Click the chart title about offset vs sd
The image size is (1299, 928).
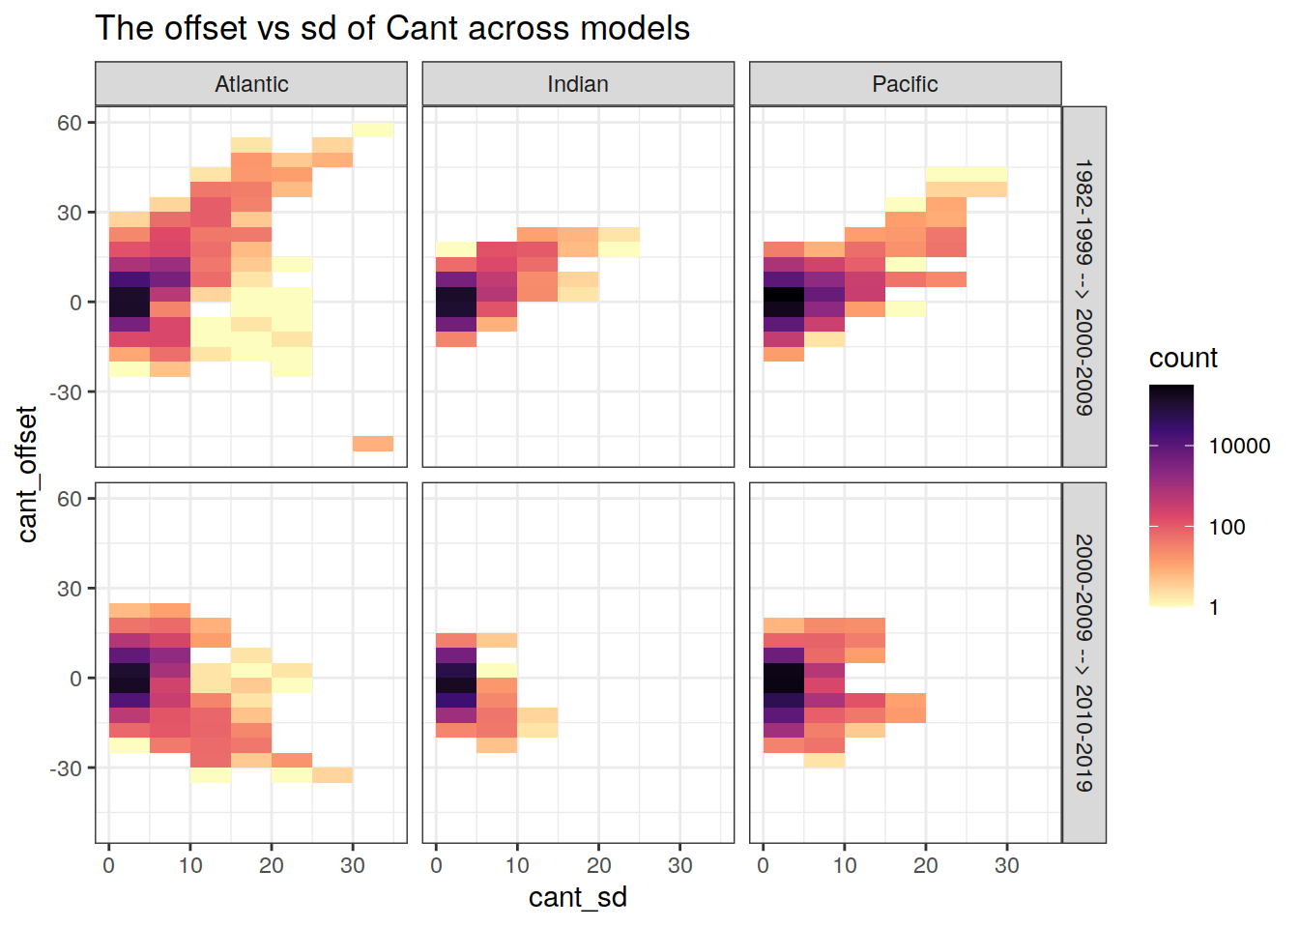coord(392,29)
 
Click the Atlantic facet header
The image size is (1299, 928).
coord(251,84)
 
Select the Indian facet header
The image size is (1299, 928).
coord(578,84)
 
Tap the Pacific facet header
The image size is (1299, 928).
coord(905,84)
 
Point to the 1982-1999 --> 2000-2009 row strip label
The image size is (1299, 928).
coord(1084,287)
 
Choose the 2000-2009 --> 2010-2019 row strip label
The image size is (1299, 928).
coord(1084,663)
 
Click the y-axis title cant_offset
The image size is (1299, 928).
coord(27,474)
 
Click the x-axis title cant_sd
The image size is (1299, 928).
coord(578,897)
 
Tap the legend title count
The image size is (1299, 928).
coord(1183,359)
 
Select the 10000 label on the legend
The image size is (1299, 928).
coord(1239,446)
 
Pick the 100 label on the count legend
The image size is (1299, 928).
coord(1227,527)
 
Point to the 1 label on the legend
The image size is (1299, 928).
coord(1214,608)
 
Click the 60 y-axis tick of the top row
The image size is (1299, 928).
coord(70,123)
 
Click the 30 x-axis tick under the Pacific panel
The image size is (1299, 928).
coord(1007,865)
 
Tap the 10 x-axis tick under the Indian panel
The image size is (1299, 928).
coord(517,865)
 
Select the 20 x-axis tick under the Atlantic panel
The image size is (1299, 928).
coord(272,865)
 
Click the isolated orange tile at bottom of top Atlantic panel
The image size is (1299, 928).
coord(373,444)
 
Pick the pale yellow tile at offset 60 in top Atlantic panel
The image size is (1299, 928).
coord(373,130)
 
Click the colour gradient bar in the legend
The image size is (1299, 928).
coord(1171,495)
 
